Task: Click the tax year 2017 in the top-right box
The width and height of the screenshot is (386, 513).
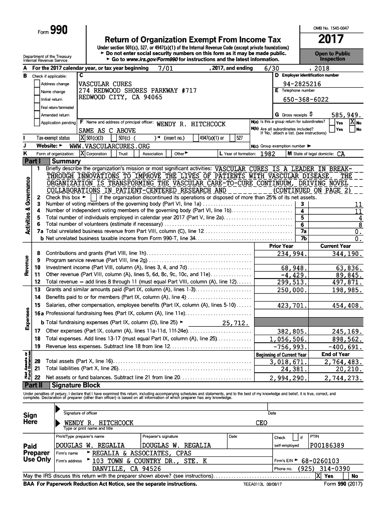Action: tap(330, 39)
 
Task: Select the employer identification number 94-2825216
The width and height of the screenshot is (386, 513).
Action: tap(302, 84)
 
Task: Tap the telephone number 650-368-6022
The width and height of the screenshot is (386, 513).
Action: tap(306, 99)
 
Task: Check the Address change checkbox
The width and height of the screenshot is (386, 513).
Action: tap(37, 84)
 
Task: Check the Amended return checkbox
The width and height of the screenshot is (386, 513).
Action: tap(37, 115)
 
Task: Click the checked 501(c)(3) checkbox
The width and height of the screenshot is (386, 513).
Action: tap(83, 138)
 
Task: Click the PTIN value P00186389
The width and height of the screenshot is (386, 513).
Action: tap(327, 445)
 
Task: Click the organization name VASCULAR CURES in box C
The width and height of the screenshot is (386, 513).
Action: tap(105, 84)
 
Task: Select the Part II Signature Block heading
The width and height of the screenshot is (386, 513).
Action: tap(76, 385)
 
